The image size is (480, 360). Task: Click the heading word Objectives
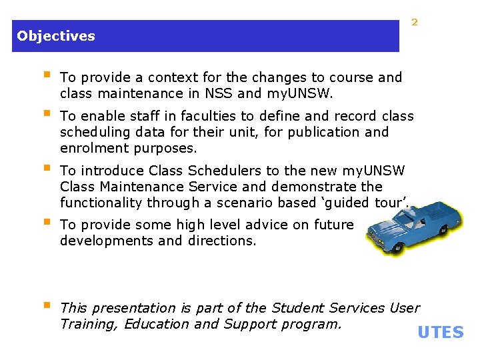tap(56, 36)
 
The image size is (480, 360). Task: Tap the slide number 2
tap(414, 23)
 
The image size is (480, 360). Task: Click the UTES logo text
tap(440, 332)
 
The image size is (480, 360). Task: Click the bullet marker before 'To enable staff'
tap(46, 115)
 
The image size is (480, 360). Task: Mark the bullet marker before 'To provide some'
tap(46, 223)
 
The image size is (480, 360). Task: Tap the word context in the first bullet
tap(173, 77)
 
